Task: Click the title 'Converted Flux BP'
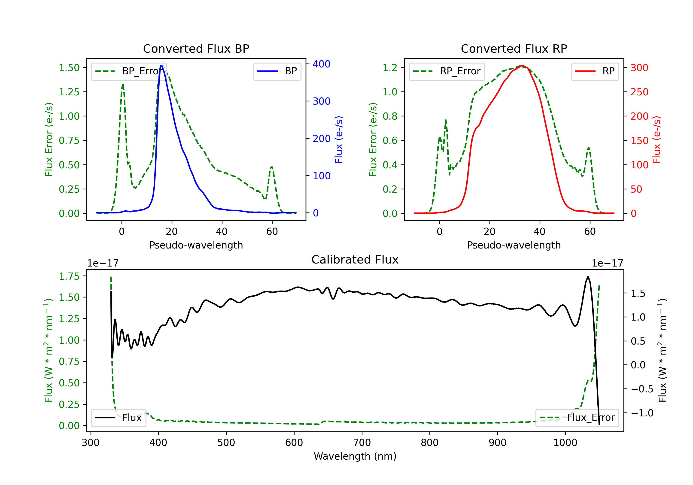point(196,48)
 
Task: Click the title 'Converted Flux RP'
point(514,48)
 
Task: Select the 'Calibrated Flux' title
point(355,260)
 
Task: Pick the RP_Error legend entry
point(447,71)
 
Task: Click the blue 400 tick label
point(322,64)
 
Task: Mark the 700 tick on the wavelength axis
point(362,443)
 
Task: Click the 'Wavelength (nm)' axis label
point(355,456)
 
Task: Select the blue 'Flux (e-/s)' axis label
point(339,140)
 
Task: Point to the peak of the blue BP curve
point(161,66)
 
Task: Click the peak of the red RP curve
point(522,66)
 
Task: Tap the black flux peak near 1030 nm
point(588,277)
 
